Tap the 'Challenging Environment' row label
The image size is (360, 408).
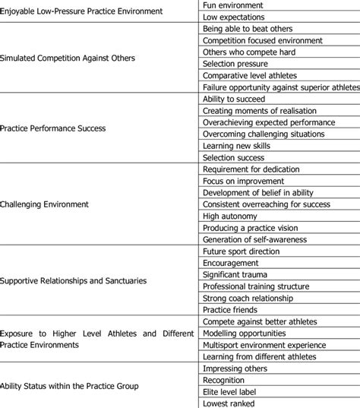(x=45, y=204)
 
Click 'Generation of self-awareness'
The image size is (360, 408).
(x=255, y=239)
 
